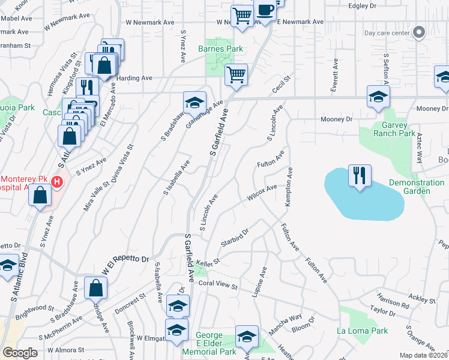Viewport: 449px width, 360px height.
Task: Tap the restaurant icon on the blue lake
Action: [x=360, y=176]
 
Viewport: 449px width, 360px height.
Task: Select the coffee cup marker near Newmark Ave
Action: [x=265, y=10]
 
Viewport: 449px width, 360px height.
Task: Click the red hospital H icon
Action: [x=57, y=181]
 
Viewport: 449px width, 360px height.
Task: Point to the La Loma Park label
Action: [x=362, y=331]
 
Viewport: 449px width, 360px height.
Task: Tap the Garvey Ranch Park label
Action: [x=394, y=129]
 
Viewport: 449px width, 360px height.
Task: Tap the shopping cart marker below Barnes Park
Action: [x=237, y=75]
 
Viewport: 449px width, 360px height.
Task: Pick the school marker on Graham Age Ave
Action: [x=194, y=103]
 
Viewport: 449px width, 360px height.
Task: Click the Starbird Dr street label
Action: [x=235, y=236]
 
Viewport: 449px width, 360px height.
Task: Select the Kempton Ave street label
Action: [x=289, y=187]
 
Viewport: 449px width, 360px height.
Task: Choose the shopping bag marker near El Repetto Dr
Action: [x=96, y=288]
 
